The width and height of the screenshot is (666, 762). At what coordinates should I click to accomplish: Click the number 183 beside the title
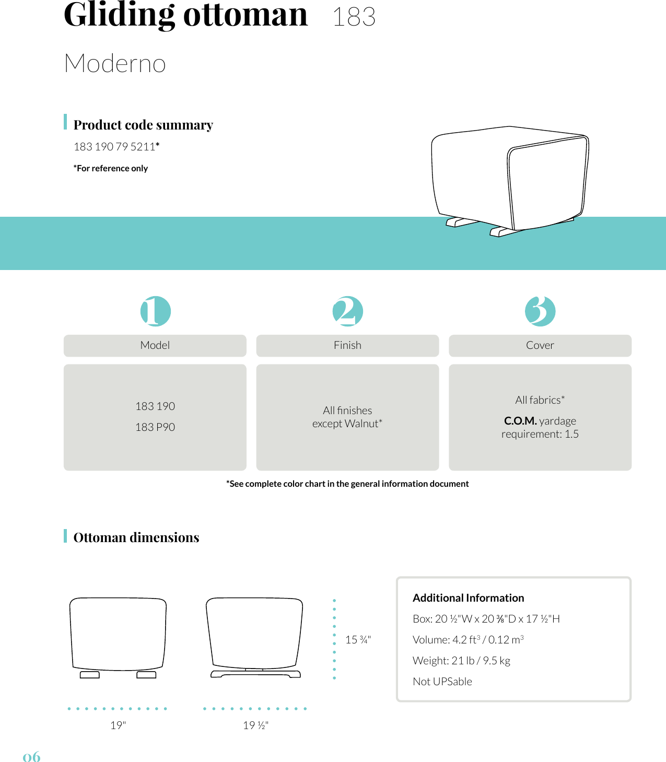(x=354, y=17)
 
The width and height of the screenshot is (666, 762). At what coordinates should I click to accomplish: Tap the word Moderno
(x=115, y=64)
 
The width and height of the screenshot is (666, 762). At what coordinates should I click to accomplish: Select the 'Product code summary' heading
(x=143, y=125)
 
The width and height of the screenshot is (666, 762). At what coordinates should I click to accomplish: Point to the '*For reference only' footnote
(x=111, y=168)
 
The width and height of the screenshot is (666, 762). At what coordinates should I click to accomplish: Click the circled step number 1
(x=155, y=311)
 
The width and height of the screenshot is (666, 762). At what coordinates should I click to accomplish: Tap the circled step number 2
(x=347, y=311)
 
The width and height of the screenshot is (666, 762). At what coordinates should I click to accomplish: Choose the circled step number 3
(x=540, y=311)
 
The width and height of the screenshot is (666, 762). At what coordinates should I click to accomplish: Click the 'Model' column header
(x=155, y=345)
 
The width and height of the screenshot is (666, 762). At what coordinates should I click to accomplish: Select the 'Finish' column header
(x=347, y=345)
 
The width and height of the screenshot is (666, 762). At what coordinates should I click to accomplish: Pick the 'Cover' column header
(x=540, y=345)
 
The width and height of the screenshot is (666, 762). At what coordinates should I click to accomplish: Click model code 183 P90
(x=155, y=427)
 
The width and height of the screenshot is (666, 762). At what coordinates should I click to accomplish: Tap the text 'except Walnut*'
(x=347, y=424)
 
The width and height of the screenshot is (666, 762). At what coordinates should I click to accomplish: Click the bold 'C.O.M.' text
(x=520, y=421)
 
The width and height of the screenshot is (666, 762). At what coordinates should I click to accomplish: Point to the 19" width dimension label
(x=118, y=725)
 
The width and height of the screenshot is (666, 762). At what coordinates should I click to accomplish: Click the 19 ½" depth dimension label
(x=255, y=725)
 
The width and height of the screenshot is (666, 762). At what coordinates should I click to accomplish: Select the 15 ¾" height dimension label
(x=358, y=640)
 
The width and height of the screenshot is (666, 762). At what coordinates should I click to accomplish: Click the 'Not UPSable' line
(x=442, y=682)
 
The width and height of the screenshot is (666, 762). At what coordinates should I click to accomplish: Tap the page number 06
(x=31, y=757)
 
